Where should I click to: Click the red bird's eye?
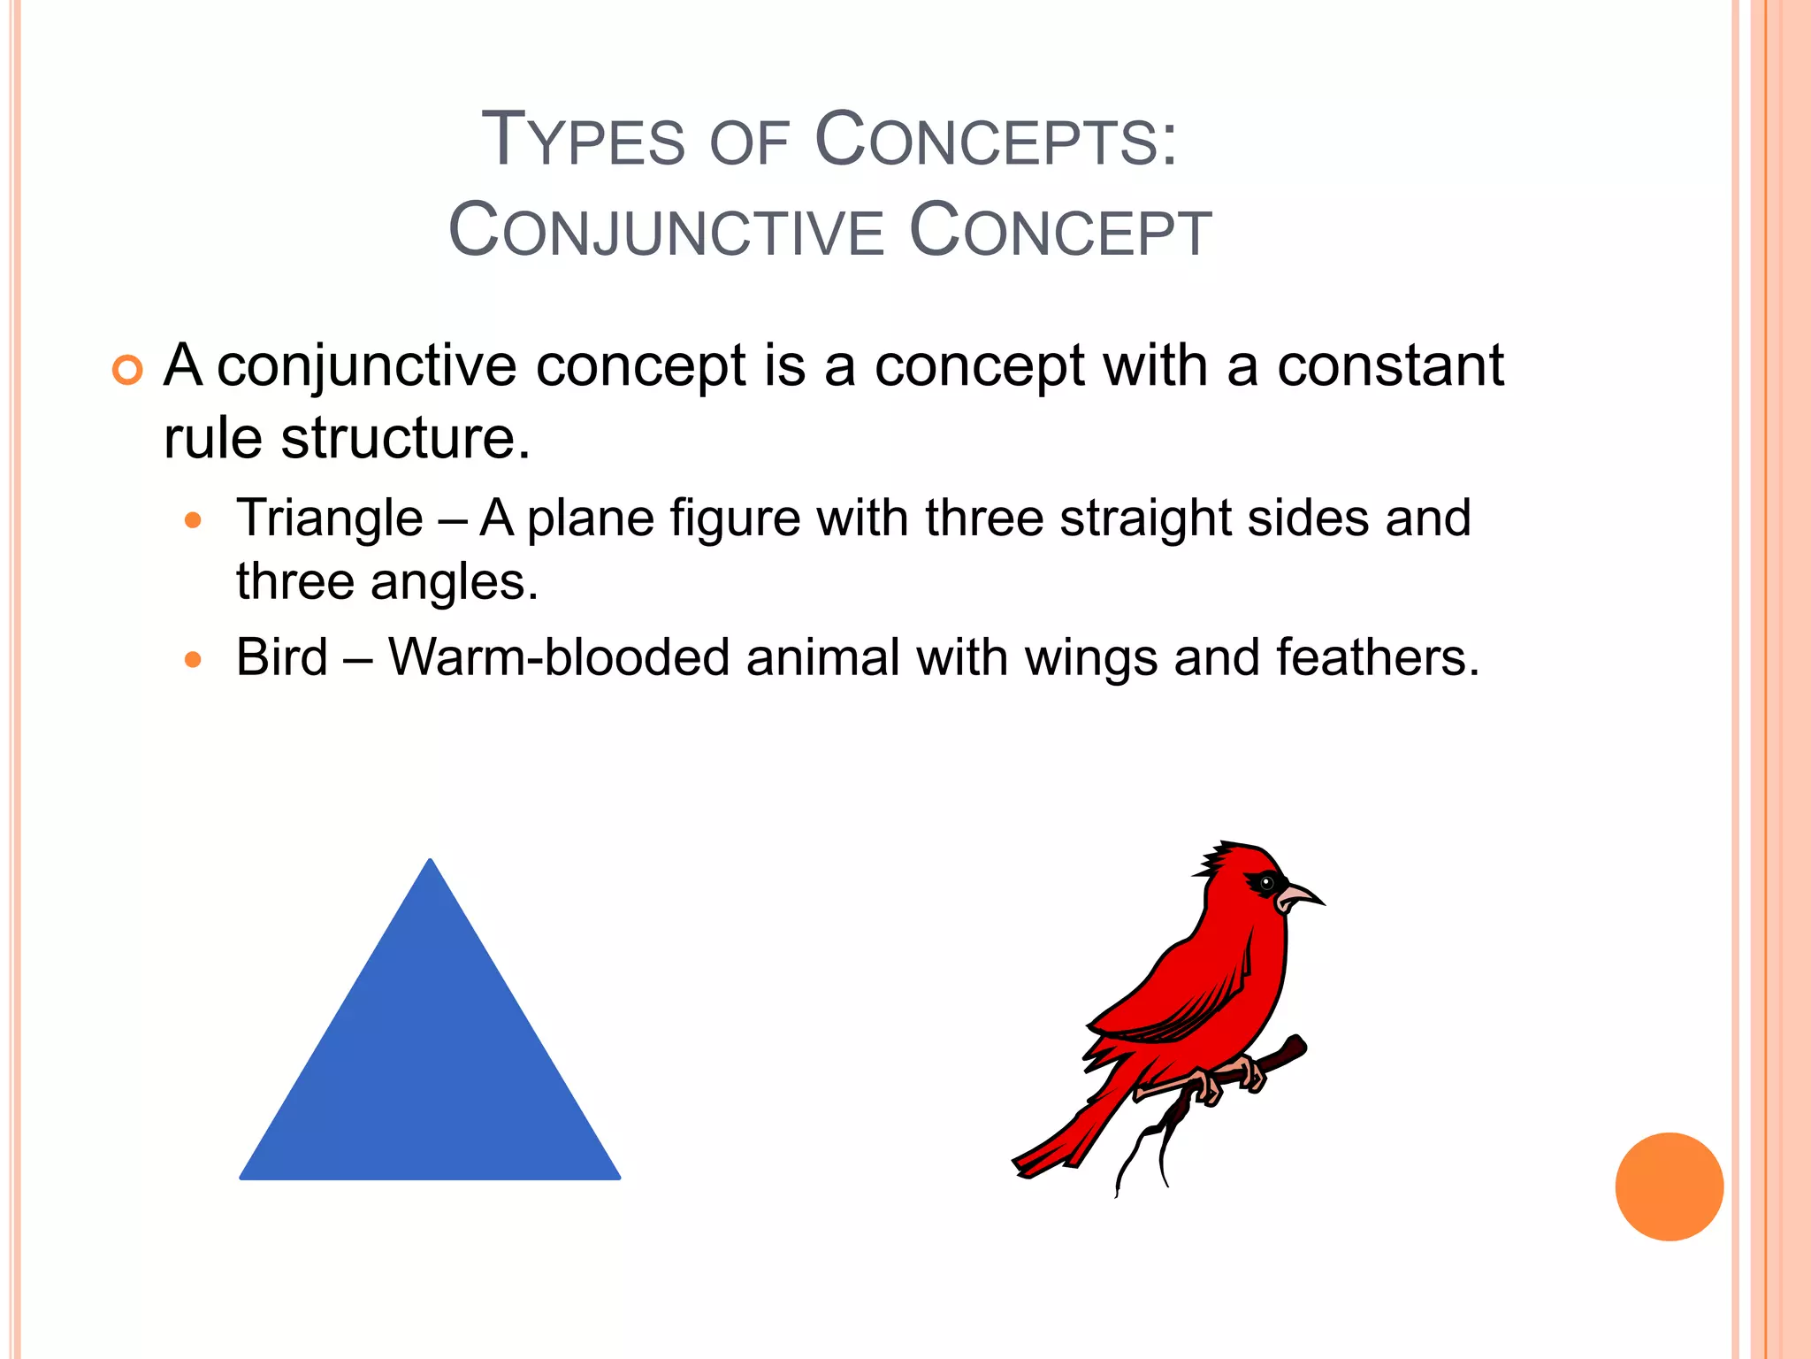(1267, 882)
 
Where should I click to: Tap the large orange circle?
(1669, 1186)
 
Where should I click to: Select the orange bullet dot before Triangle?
(193, 520)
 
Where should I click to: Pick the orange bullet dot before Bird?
(193, 659)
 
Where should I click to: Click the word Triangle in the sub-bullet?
(330, 518)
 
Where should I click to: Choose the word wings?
(1090, 659)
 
